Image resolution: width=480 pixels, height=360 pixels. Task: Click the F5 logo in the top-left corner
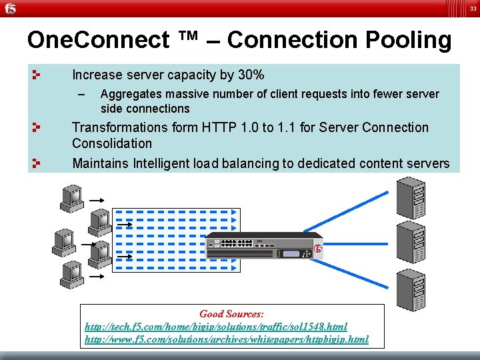9,8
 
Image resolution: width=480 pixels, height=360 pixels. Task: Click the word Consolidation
112,143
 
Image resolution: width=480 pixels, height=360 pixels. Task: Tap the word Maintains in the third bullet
101,163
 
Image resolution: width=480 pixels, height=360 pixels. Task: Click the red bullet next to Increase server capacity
37,74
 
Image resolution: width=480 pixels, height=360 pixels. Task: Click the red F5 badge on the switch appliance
318,249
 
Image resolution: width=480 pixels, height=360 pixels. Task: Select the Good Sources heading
231,313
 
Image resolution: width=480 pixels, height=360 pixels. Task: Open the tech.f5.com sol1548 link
216,327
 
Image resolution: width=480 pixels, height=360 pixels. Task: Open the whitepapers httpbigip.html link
227,339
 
